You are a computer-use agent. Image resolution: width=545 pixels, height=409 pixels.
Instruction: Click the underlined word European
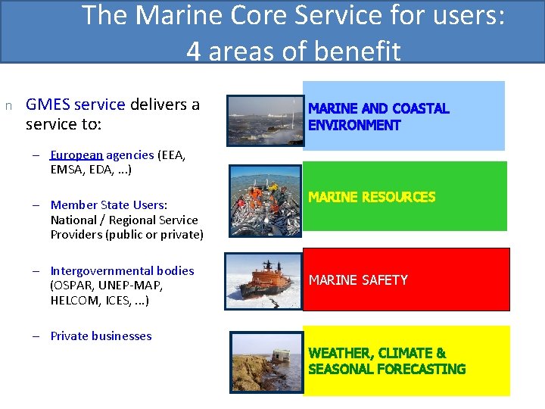[76, 155]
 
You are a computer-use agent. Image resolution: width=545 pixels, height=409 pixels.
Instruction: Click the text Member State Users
[108, 204]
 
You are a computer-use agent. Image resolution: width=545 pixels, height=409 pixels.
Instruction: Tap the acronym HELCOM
[76, 301]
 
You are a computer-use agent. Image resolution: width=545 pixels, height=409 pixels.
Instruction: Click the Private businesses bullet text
[101, 336]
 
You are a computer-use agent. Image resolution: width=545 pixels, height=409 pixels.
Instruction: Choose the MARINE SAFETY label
[358, 280]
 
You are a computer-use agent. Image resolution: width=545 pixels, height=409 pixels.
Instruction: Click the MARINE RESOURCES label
[372, 197]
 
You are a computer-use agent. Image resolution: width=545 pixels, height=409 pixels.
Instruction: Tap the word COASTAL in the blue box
[420, 109]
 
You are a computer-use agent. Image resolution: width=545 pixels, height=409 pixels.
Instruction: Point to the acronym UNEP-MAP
[126, 286]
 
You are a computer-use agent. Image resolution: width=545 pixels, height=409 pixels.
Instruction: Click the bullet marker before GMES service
[8, 105]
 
